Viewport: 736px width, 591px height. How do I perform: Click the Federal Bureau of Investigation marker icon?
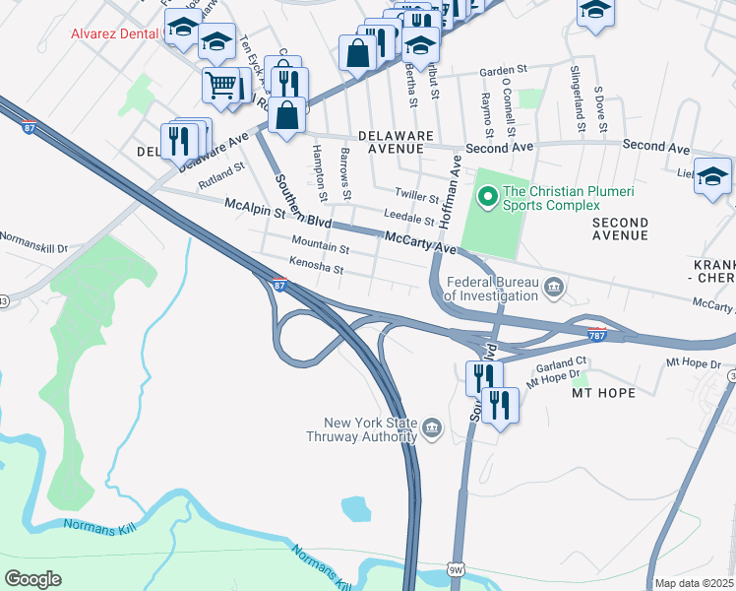(554, 287)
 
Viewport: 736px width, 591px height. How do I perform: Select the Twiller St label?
(416, 198)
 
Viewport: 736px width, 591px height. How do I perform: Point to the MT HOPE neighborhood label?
(604, 392)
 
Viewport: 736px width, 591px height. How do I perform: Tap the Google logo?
(32, 578)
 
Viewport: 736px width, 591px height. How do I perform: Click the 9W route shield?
(455, 569)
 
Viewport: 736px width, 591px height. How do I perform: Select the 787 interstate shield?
(596, 335)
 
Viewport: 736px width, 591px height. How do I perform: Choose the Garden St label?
(504, 71)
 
